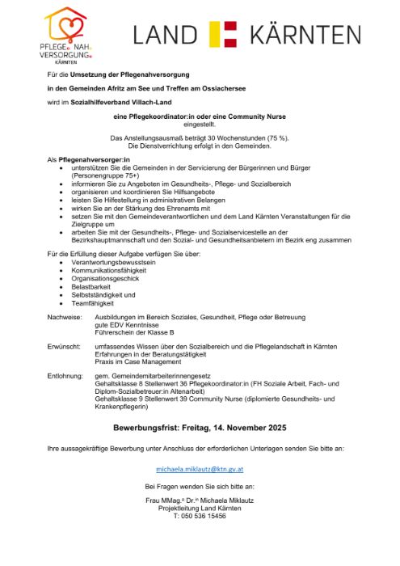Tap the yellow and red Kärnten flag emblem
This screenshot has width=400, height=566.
[222, 35]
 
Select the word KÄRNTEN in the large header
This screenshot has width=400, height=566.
[305, 35]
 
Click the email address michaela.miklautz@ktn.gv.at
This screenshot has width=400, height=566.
[200, 469]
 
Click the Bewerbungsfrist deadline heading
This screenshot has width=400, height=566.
[200, 426]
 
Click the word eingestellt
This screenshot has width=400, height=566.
[200, 125]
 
